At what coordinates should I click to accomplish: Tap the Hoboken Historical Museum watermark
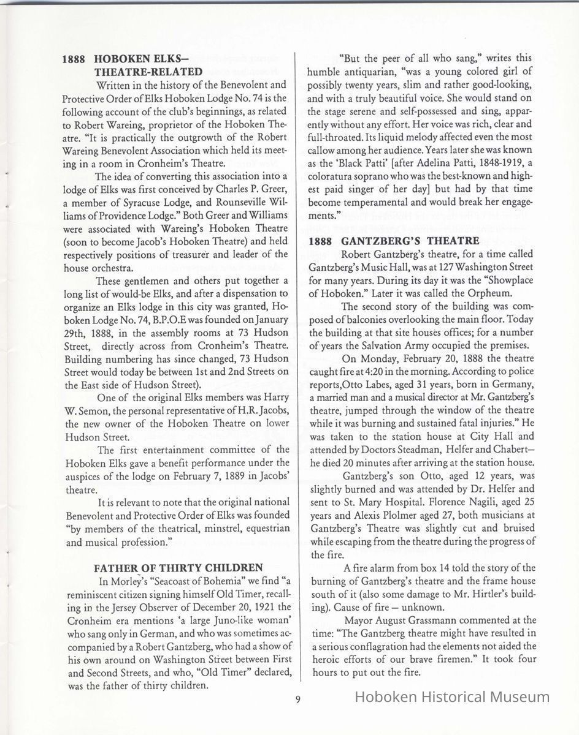[x=453, y=696]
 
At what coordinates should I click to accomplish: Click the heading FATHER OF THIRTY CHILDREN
[x=179, y=568]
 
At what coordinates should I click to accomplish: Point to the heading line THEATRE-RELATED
[x=148, y=72]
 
